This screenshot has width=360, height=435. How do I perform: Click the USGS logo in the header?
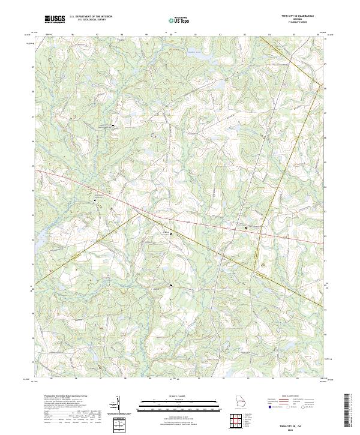55,19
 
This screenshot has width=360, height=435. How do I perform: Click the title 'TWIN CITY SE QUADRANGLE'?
298,16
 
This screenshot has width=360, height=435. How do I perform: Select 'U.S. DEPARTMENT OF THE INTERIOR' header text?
91,17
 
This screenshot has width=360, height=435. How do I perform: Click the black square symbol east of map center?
245,229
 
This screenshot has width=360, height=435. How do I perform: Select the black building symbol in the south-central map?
172,285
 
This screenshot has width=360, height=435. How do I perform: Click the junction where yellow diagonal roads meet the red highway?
139,211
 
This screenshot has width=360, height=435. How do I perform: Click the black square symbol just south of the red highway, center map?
170,233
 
